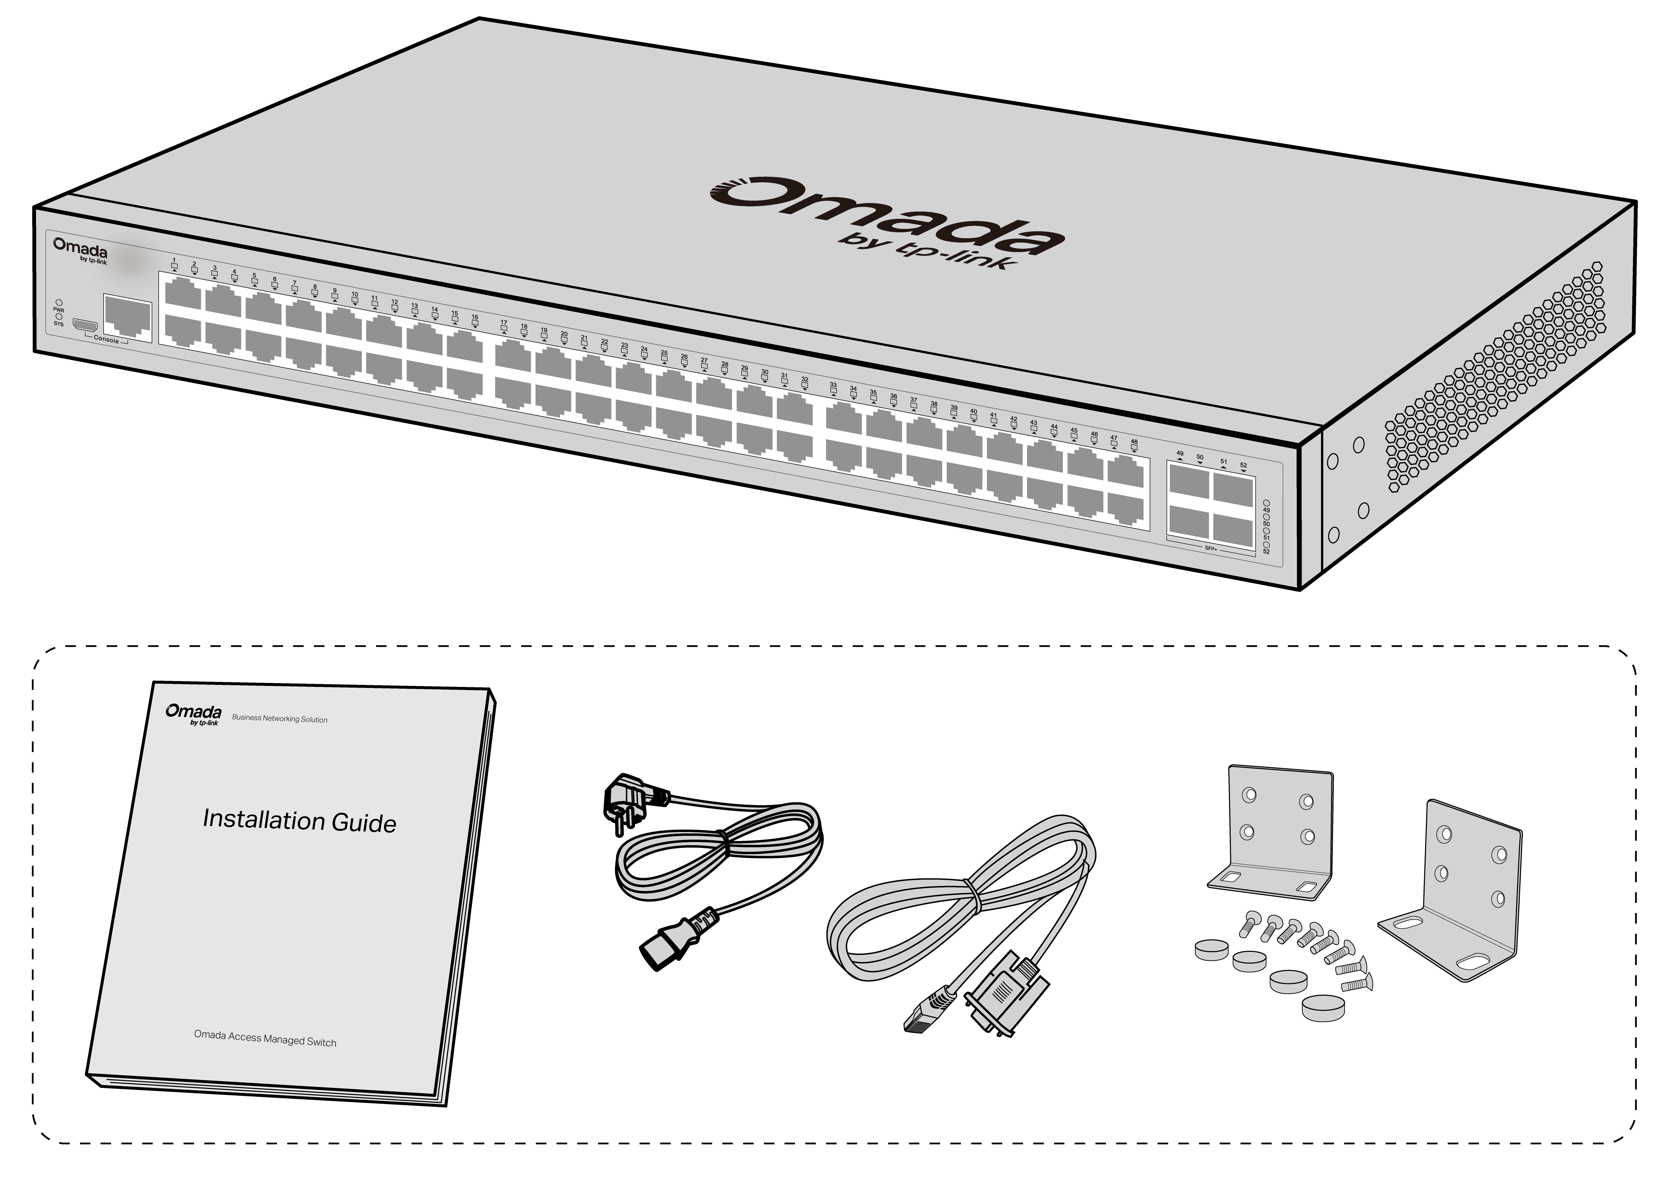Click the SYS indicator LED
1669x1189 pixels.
pos(59,316)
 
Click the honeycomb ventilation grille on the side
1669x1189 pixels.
pos(1493,381)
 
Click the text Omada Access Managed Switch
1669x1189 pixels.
pos(265,1038)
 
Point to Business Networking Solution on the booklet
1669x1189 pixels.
pos(280,718)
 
